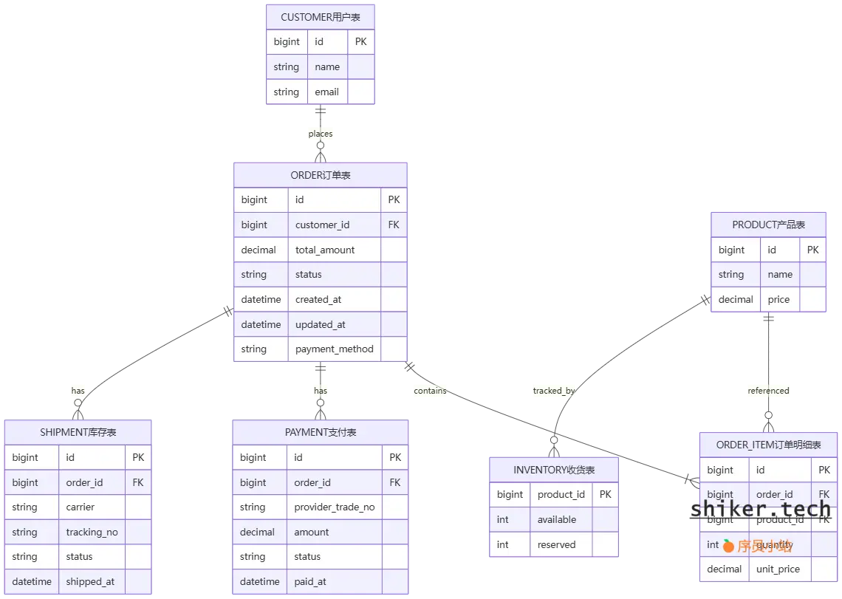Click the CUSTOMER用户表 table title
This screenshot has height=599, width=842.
tap(321, 17)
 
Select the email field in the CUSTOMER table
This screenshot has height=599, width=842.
tap(326, 92)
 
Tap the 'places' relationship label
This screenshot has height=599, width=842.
tap(321, 134)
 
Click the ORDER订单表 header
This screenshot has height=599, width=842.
tap(321, 175)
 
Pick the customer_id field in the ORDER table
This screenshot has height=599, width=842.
tap(322, 225)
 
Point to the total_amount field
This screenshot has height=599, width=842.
tap(325, 250)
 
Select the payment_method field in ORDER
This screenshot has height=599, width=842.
tap(334, 349)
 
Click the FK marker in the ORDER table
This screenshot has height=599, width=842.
tap(393, 225)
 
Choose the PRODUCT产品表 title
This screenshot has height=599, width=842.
tap(768, 225)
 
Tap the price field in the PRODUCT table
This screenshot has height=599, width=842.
tap(778, 300)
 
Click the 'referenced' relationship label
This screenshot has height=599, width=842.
tap(768, 391)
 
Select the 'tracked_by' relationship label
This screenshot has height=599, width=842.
tap(554, 391)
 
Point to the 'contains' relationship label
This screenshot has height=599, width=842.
tap(431, 391)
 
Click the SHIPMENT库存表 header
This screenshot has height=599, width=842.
tap(78, 433)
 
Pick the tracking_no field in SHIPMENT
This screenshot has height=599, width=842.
tap(92, 533)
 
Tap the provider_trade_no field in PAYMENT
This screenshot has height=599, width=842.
tap(334, 507)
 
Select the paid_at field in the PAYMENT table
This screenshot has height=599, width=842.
tap(310, 582)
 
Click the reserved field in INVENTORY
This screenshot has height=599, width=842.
tap(556, 545)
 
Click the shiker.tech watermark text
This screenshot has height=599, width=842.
tap(761, 510)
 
